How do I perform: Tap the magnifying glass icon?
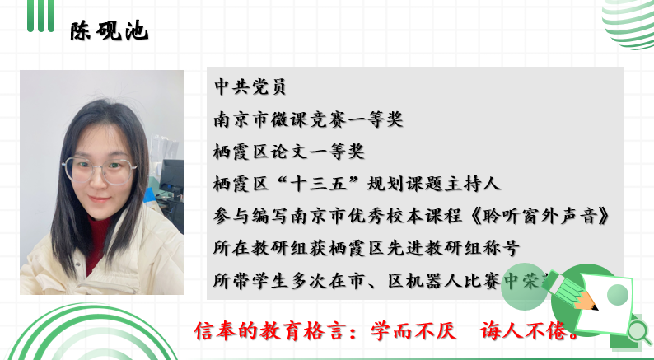click(x=638, y=331)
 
